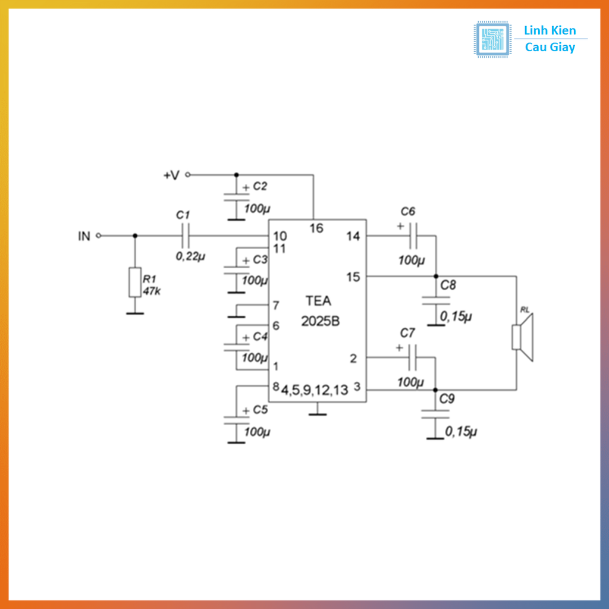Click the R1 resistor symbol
(x=135, y=282)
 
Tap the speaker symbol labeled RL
(x=522, y=337)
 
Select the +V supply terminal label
(x=171, y=175)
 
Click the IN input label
(x=84, y=236)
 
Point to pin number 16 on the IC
(x=316, y=228)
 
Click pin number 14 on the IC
(x=353, y=236)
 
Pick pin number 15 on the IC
(x=353, y=277)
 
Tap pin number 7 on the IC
(x=275, y=306)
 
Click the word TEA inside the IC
(x=319, y=301)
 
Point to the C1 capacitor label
(x=183, y=214)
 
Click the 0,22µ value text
(x=190, y=256)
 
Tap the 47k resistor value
(x=151, y=291)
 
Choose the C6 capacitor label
(x=408, y=211)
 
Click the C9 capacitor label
(x=447, y=398)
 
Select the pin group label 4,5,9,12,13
(x=315, y=390)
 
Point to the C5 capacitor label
(x=260, y=410)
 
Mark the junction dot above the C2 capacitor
(x=236, y=175)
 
